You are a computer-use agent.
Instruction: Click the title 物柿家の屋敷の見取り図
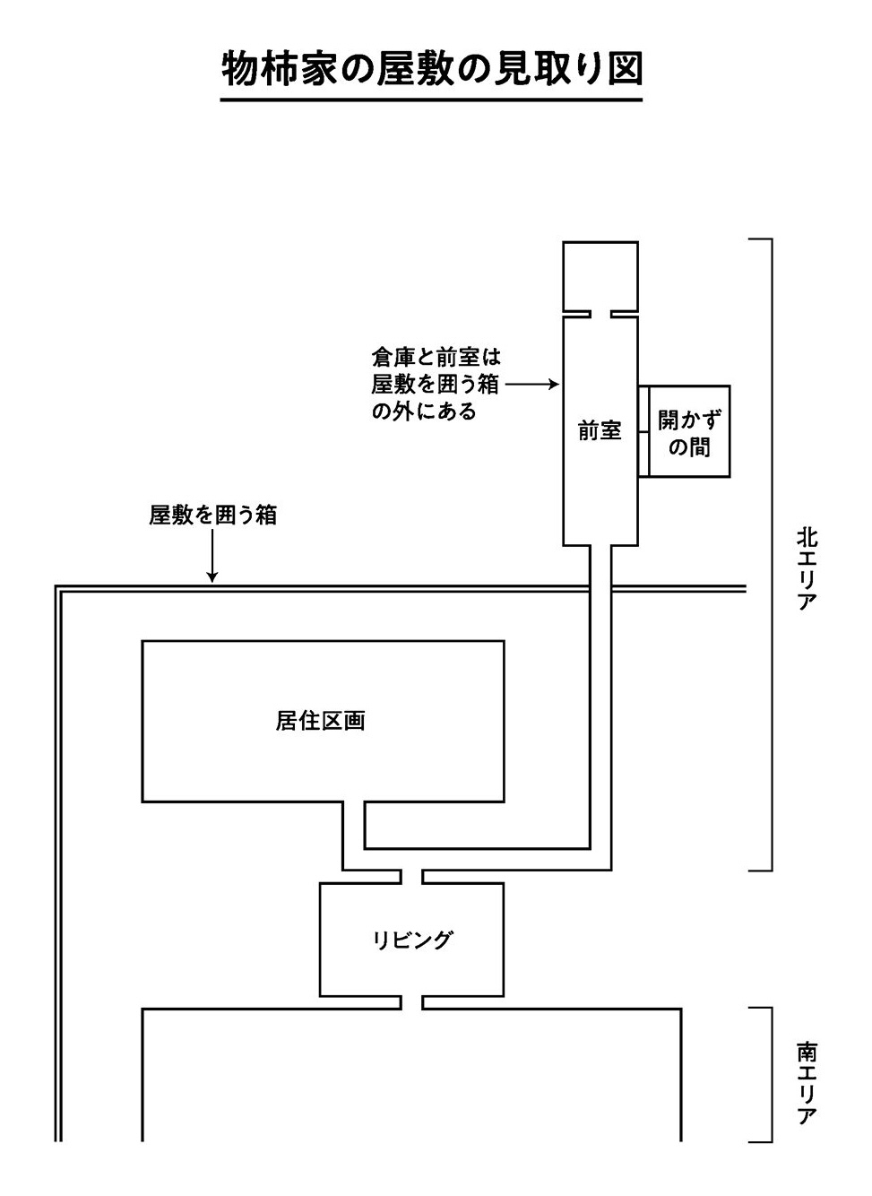[432, 69]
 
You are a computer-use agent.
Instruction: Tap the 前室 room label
[600, 431]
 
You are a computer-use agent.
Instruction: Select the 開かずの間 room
[689, 432]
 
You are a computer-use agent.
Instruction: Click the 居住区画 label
[321, 721]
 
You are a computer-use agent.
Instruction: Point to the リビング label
[411, 940]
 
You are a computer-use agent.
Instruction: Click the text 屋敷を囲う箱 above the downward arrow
[212, 515]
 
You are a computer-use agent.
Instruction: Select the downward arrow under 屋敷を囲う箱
[212, 556]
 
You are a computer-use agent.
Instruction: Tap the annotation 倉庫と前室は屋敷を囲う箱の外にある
[435, 385]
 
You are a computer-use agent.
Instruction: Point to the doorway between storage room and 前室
[600, 314]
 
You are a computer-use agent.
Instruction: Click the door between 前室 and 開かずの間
[643, 432]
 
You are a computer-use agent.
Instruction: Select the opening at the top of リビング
[411, 876]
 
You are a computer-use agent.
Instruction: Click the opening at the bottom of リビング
[411, 1002]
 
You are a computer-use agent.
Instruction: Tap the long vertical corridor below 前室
[600, 699]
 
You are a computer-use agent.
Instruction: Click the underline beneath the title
[432, 99]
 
